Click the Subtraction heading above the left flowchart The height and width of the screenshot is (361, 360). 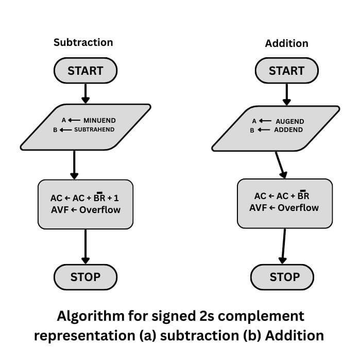(x=83, y=42)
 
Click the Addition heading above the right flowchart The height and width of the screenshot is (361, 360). (x=286, y=43)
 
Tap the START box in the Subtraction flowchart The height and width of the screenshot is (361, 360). (x=85, y=71)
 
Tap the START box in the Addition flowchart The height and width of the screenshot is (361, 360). (x=287, y=71)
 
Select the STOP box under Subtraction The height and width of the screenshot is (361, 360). (x=85, y=277)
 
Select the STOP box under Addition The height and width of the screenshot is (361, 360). (x=284, y=277)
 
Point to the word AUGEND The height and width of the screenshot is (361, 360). (x=289, y=121)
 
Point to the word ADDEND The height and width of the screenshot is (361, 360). (x=289, y=130)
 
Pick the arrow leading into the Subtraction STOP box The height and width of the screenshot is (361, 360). (x=85, y=246)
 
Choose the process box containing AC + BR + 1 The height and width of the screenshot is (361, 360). (x=85, y=204)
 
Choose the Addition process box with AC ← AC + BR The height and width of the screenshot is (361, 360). (x=284, y=203)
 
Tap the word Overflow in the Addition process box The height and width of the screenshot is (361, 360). (x=298, y=208)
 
